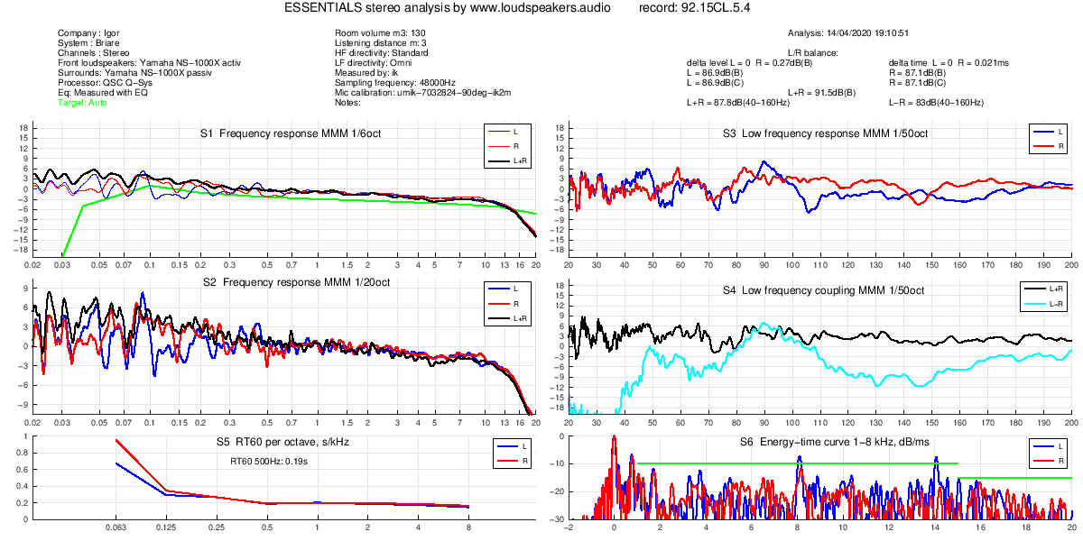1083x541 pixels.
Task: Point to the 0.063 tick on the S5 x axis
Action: [x=116, y=526]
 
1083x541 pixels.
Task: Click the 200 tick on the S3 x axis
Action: [x=1071, y=265]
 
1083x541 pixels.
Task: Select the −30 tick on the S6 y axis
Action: [x=560, y=519]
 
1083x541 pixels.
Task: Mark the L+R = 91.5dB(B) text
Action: [x=828, y=92]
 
